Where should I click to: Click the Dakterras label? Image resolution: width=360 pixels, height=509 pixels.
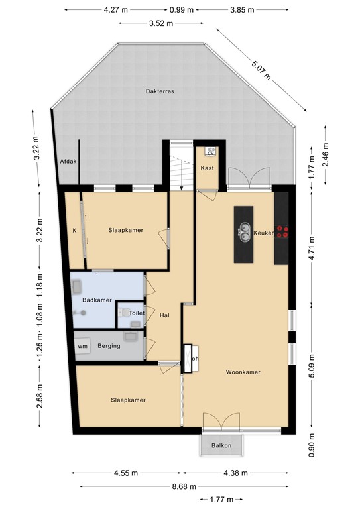(x=160, y=92)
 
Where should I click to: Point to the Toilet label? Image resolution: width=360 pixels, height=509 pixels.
(x=137, y=313)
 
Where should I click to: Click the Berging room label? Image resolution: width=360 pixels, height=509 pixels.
(x=109, y=346)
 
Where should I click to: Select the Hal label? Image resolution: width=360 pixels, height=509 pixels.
(x=165, y=316)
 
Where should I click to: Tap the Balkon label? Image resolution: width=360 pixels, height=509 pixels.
(x=221, y=445)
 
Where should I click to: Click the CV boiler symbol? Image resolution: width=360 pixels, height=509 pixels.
(x=211, y=151)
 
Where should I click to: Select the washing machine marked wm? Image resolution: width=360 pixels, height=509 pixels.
(x=83, y=347)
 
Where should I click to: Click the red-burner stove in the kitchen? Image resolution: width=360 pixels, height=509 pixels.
(x=283, y=232)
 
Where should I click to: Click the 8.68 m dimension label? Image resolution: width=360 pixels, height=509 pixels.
(x=179, y=486)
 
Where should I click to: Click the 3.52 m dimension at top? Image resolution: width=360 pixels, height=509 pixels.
(x=160, y=23)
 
